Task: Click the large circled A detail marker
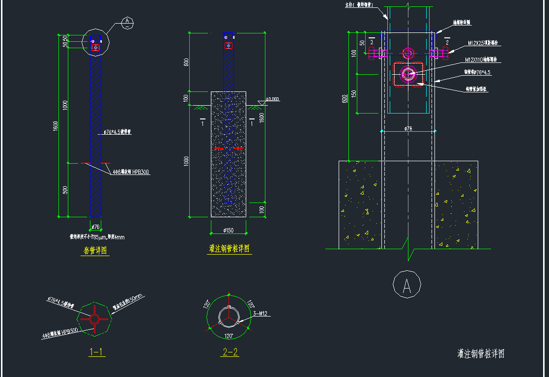click(x=407, y=286)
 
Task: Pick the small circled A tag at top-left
click(x=127, y=21)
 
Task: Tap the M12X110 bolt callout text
click(x=481, y=60)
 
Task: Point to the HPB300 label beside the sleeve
click(x=131, y=173)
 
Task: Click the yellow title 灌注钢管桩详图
click(x=229, y=249)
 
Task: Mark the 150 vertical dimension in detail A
click(x=353, y=93)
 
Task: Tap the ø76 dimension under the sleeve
click(x=96, y=227)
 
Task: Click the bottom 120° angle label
click(x=229, y=337)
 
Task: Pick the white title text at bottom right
click(x=481, y=353)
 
